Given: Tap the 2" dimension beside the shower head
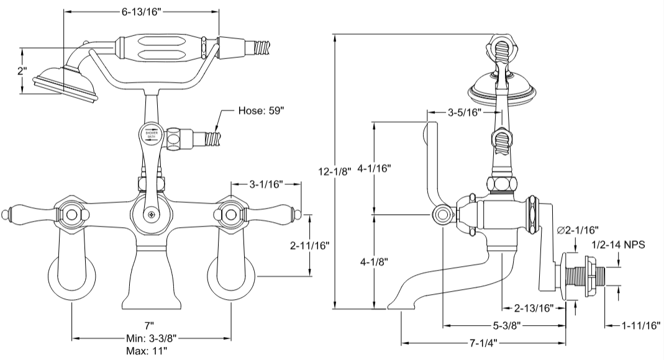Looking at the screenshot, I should point(22,71).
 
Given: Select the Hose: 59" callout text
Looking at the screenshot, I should point(262,112).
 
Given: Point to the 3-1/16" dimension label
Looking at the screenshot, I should point(266,184).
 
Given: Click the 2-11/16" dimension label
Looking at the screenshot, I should point(309,245).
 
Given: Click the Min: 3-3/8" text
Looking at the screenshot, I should point(148,338).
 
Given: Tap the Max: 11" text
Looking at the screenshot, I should point(148,351).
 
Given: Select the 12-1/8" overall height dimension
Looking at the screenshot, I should point(335,171).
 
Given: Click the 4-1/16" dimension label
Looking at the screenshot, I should point(375,168).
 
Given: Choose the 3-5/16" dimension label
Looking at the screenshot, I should point(468,113).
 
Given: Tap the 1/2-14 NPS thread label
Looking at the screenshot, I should point(618,245).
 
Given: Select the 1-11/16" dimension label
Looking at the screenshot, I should point(640,324).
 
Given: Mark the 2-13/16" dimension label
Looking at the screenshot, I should point(534,307).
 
